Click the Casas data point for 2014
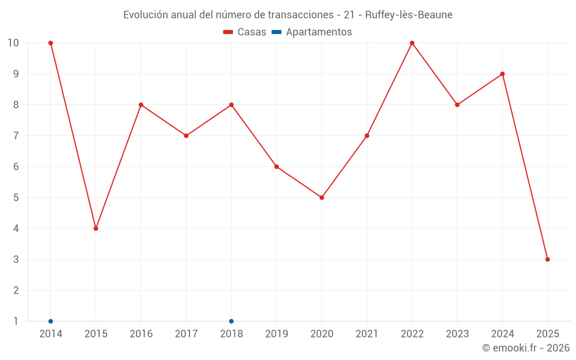click(51, 43)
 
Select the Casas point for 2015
click(96, 229)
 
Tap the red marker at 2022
click(412, 43)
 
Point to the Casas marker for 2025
click(547, 259)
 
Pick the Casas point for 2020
click(321, 198)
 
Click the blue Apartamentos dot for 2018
click(231, 321)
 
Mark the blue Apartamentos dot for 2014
click(51, 321)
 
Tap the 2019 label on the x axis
click(276, 334)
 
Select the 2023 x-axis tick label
click(457, 334)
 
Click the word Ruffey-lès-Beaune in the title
click(405, 14)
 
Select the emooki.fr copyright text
click(526, 348)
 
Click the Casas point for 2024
click(502, 74)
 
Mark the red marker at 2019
click(276, 166)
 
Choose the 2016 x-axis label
click(141, 334)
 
